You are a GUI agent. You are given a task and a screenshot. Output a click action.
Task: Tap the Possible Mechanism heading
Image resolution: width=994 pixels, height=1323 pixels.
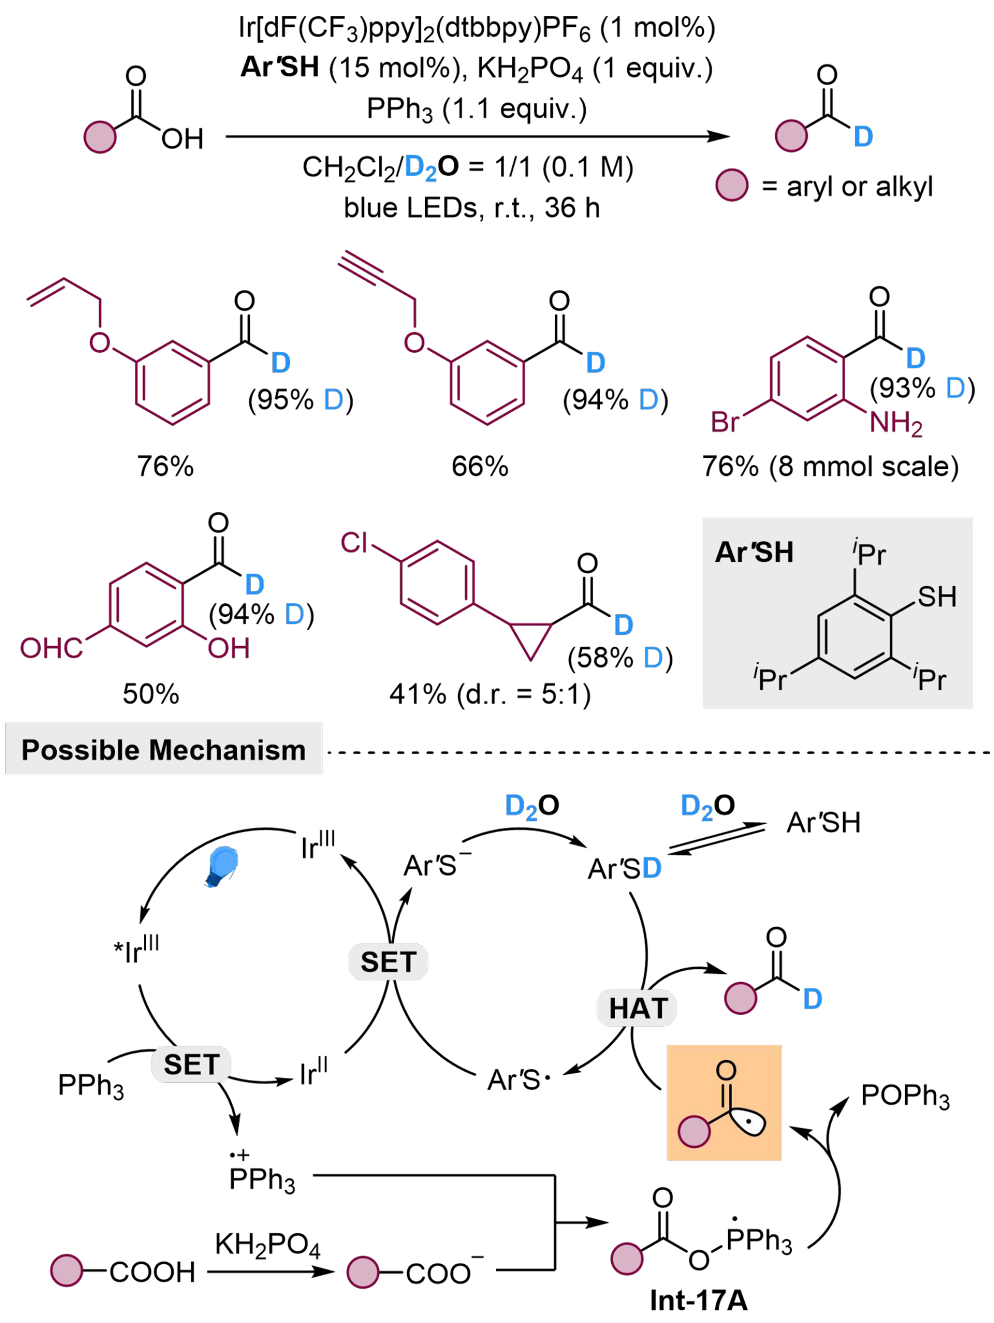click(x=163, y=750)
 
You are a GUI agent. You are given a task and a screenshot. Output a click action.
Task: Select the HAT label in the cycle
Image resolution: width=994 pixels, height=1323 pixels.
click(x=637, y=1008)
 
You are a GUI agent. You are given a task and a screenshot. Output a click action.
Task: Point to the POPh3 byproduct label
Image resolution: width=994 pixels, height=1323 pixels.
click(x=904, y=1096)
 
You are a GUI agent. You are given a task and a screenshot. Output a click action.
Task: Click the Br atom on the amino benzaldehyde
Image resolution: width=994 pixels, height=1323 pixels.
click(x=725, y=422)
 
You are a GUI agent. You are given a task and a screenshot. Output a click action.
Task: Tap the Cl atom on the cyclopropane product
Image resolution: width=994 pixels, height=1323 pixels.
click(x=354, y=543)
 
